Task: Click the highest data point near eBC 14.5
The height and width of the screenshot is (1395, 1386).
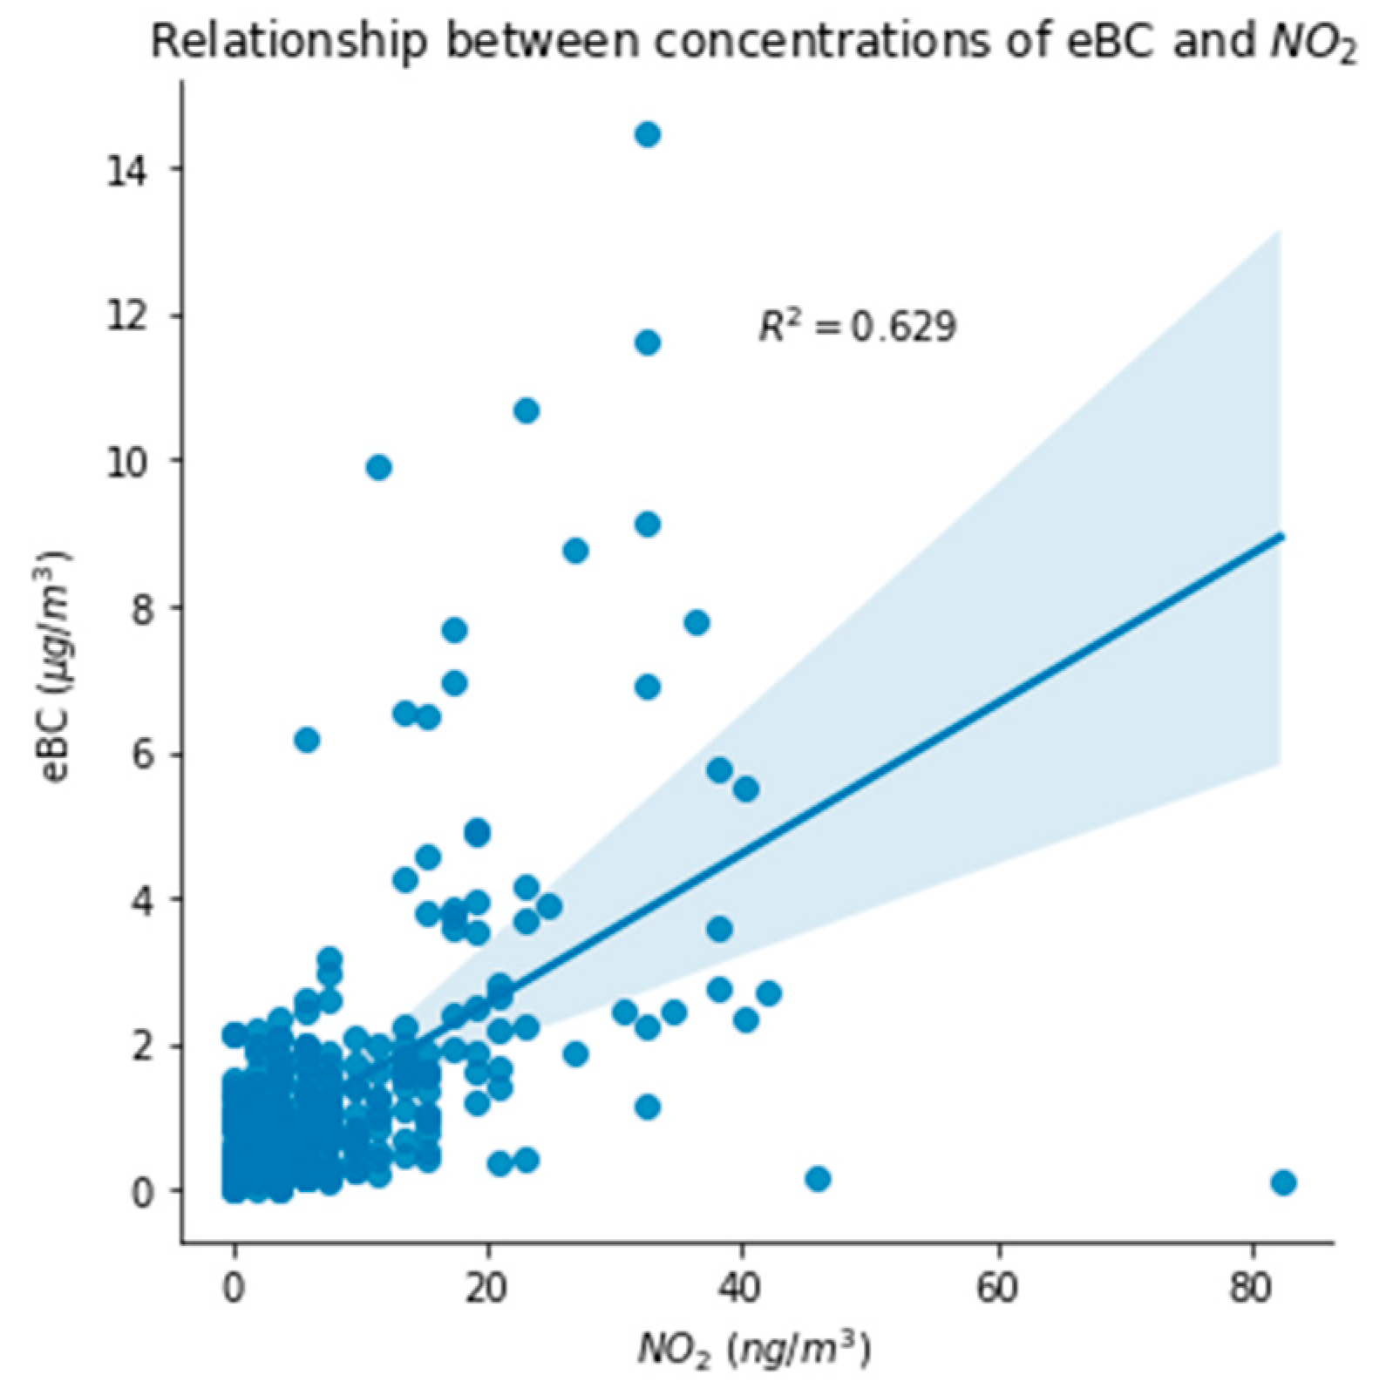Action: pos(647,135)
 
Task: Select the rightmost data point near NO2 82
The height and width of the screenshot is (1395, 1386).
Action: pos(1283,1182)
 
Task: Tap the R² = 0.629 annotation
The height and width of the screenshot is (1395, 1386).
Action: pos(857,326)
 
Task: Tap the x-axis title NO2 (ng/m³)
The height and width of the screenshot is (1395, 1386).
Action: pos(755,1351)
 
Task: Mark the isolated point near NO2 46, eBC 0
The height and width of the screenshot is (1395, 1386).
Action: pos(817,1179)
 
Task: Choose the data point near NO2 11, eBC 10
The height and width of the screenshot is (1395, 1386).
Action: pos(378,468)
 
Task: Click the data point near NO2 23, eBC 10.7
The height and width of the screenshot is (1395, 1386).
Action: pos(527,410)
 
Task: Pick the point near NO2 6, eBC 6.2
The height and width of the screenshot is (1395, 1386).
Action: pos(307,740)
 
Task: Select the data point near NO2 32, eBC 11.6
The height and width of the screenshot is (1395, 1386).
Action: pos(647,342)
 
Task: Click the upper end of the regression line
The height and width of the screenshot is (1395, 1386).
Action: pos(1281,536)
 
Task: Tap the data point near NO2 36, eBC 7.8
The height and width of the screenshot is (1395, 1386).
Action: pos(696,623)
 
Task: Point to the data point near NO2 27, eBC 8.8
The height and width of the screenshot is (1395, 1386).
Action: pos(575,551)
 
